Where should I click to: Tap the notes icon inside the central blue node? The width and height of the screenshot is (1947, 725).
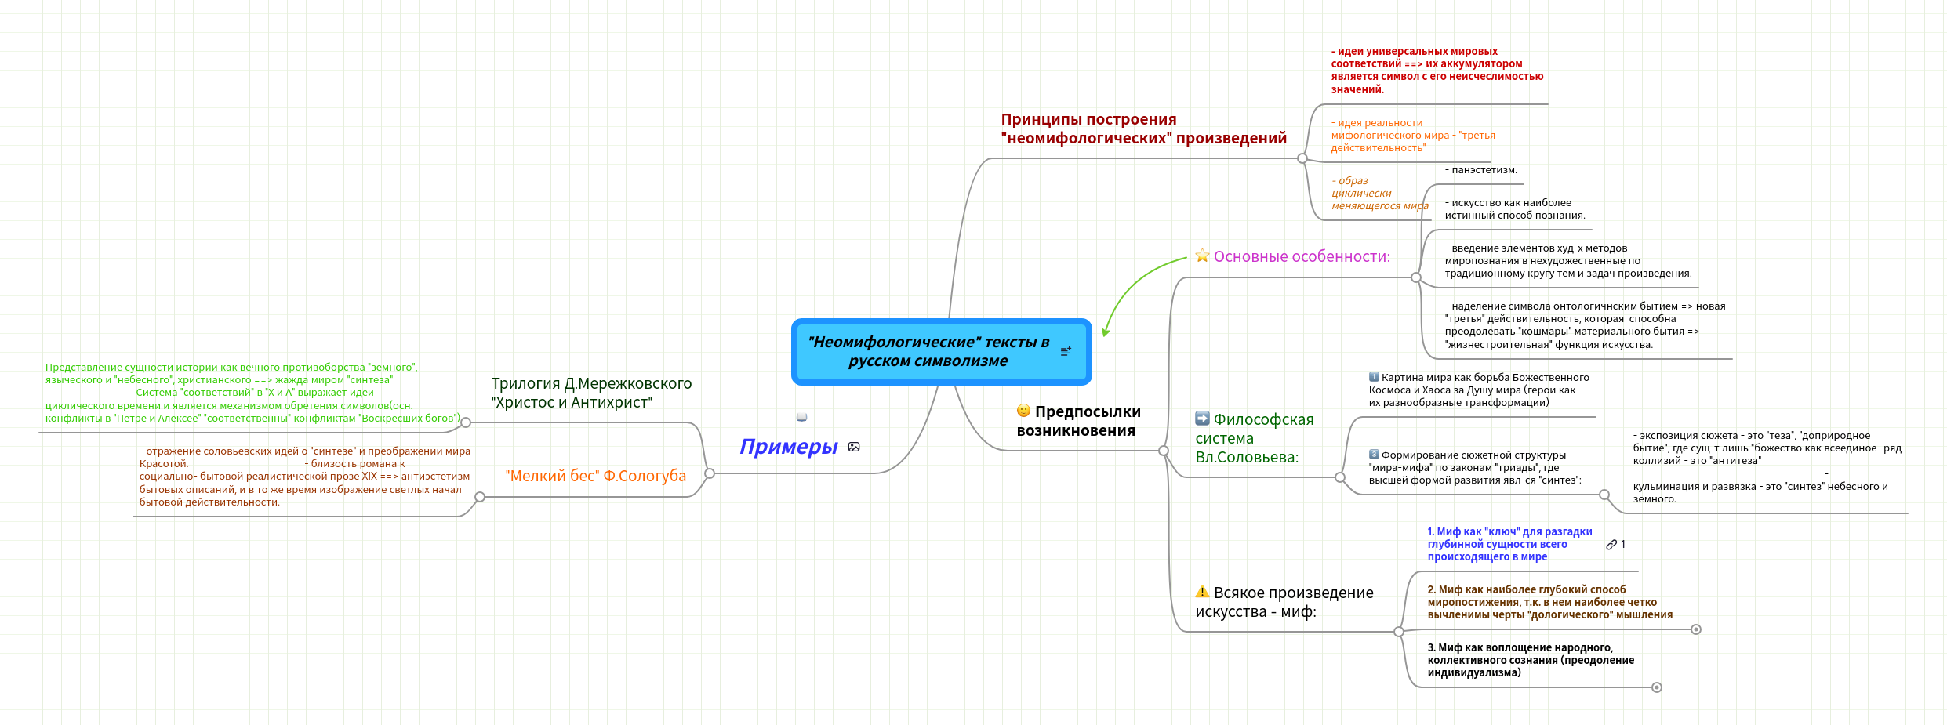click(1066, 352)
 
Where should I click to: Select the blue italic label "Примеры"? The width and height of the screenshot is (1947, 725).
click(788, 447)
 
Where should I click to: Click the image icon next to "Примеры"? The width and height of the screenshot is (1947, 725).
click(854, 447)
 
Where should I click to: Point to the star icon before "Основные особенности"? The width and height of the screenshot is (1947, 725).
click(1202, 256)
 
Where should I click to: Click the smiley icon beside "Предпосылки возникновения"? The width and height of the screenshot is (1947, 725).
click(1023, 411)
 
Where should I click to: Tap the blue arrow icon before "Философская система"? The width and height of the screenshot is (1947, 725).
click(1202, 419)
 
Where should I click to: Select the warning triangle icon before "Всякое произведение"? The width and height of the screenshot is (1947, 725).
click(1202, 592)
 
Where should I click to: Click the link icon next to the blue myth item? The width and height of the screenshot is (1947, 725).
click(1611, 545)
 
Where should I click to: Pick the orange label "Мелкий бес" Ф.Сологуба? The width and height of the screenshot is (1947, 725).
click(595, 476)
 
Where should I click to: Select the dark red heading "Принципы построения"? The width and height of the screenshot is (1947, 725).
click(1143, 129)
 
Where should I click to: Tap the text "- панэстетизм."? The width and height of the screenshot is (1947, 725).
click(1480, 170)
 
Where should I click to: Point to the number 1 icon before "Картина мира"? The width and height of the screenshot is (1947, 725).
click(1374, 377)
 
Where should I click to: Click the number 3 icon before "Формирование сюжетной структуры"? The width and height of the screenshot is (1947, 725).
click(1374, 455)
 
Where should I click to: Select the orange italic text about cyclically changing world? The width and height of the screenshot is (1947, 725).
click(1379, 194)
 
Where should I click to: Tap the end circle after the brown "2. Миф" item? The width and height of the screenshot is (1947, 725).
click(1696, 629)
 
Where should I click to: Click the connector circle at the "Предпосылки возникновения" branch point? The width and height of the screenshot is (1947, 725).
click(1164, 451)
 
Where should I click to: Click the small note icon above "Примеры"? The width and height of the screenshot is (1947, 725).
click(801, 417)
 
